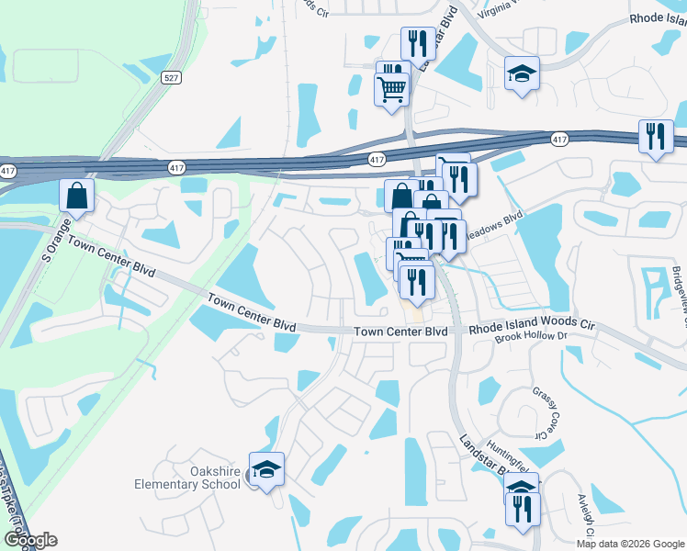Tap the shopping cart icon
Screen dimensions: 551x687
[391, 90]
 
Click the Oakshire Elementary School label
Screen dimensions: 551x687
[187, 478]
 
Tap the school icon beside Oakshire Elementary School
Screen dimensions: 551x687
[266, 471]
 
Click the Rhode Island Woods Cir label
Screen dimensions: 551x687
[533, 327]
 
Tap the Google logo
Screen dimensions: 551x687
[30, 540]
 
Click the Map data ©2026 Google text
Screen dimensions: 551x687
[629, 544]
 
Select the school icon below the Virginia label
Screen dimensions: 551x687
[522, 73]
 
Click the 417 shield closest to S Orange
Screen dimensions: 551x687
[8, 171]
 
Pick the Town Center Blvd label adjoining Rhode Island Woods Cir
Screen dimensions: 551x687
[401, 332]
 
